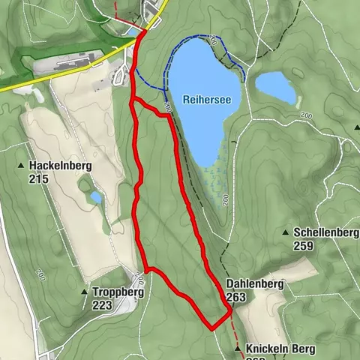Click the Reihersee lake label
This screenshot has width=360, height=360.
pos(207,99)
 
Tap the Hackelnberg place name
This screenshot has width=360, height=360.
pos(55,166)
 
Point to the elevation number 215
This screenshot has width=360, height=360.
pos(39,179)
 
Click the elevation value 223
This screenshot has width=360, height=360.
pos(102,305)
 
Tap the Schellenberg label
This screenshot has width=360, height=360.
pos(326,233)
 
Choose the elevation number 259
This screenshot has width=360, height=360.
pos(303,246)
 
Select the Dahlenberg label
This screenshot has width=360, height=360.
pos(254,285)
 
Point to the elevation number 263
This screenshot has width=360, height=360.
pos(236,298)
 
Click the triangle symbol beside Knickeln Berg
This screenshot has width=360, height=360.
pos(238,349)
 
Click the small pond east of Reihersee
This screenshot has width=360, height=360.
pos(275,88)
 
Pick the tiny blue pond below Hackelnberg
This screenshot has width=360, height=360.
pos(96,197)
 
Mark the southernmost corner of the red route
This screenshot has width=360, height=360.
pos(213,328)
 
